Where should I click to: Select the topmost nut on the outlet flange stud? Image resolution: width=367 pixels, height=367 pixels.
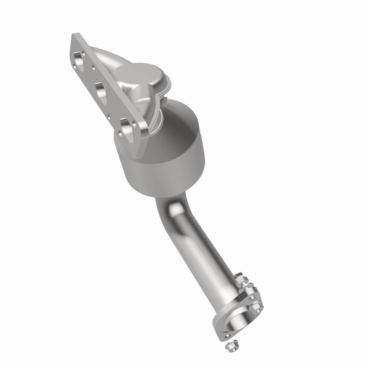click(x=241, y=278)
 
